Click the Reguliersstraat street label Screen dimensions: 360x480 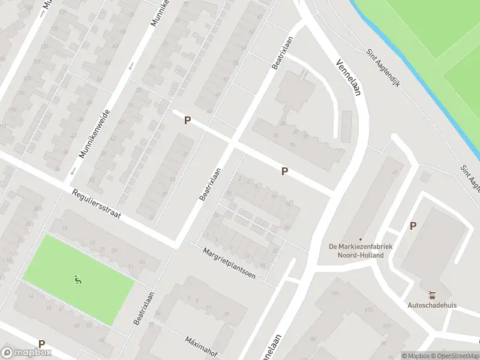point(96,205)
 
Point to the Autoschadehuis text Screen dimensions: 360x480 point(432,305)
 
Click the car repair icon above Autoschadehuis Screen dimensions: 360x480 point(432,295)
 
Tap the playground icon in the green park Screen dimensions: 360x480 point(77,279)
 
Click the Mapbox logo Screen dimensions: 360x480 point(26,353)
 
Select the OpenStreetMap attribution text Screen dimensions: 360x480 point(455,356)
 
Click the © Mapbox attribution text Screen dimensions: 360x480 point(415,356)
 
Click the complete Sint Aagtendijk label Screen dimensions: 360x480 point(383,67)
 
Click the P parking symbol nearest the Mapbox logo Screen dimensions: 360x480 point(41,344)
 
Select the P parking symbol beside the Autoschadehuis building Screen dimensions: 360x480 point(413,226)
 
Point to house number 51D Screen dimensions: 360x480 point(368,310)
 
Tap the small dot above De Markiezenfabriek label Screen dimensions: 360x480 point(360,239)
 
